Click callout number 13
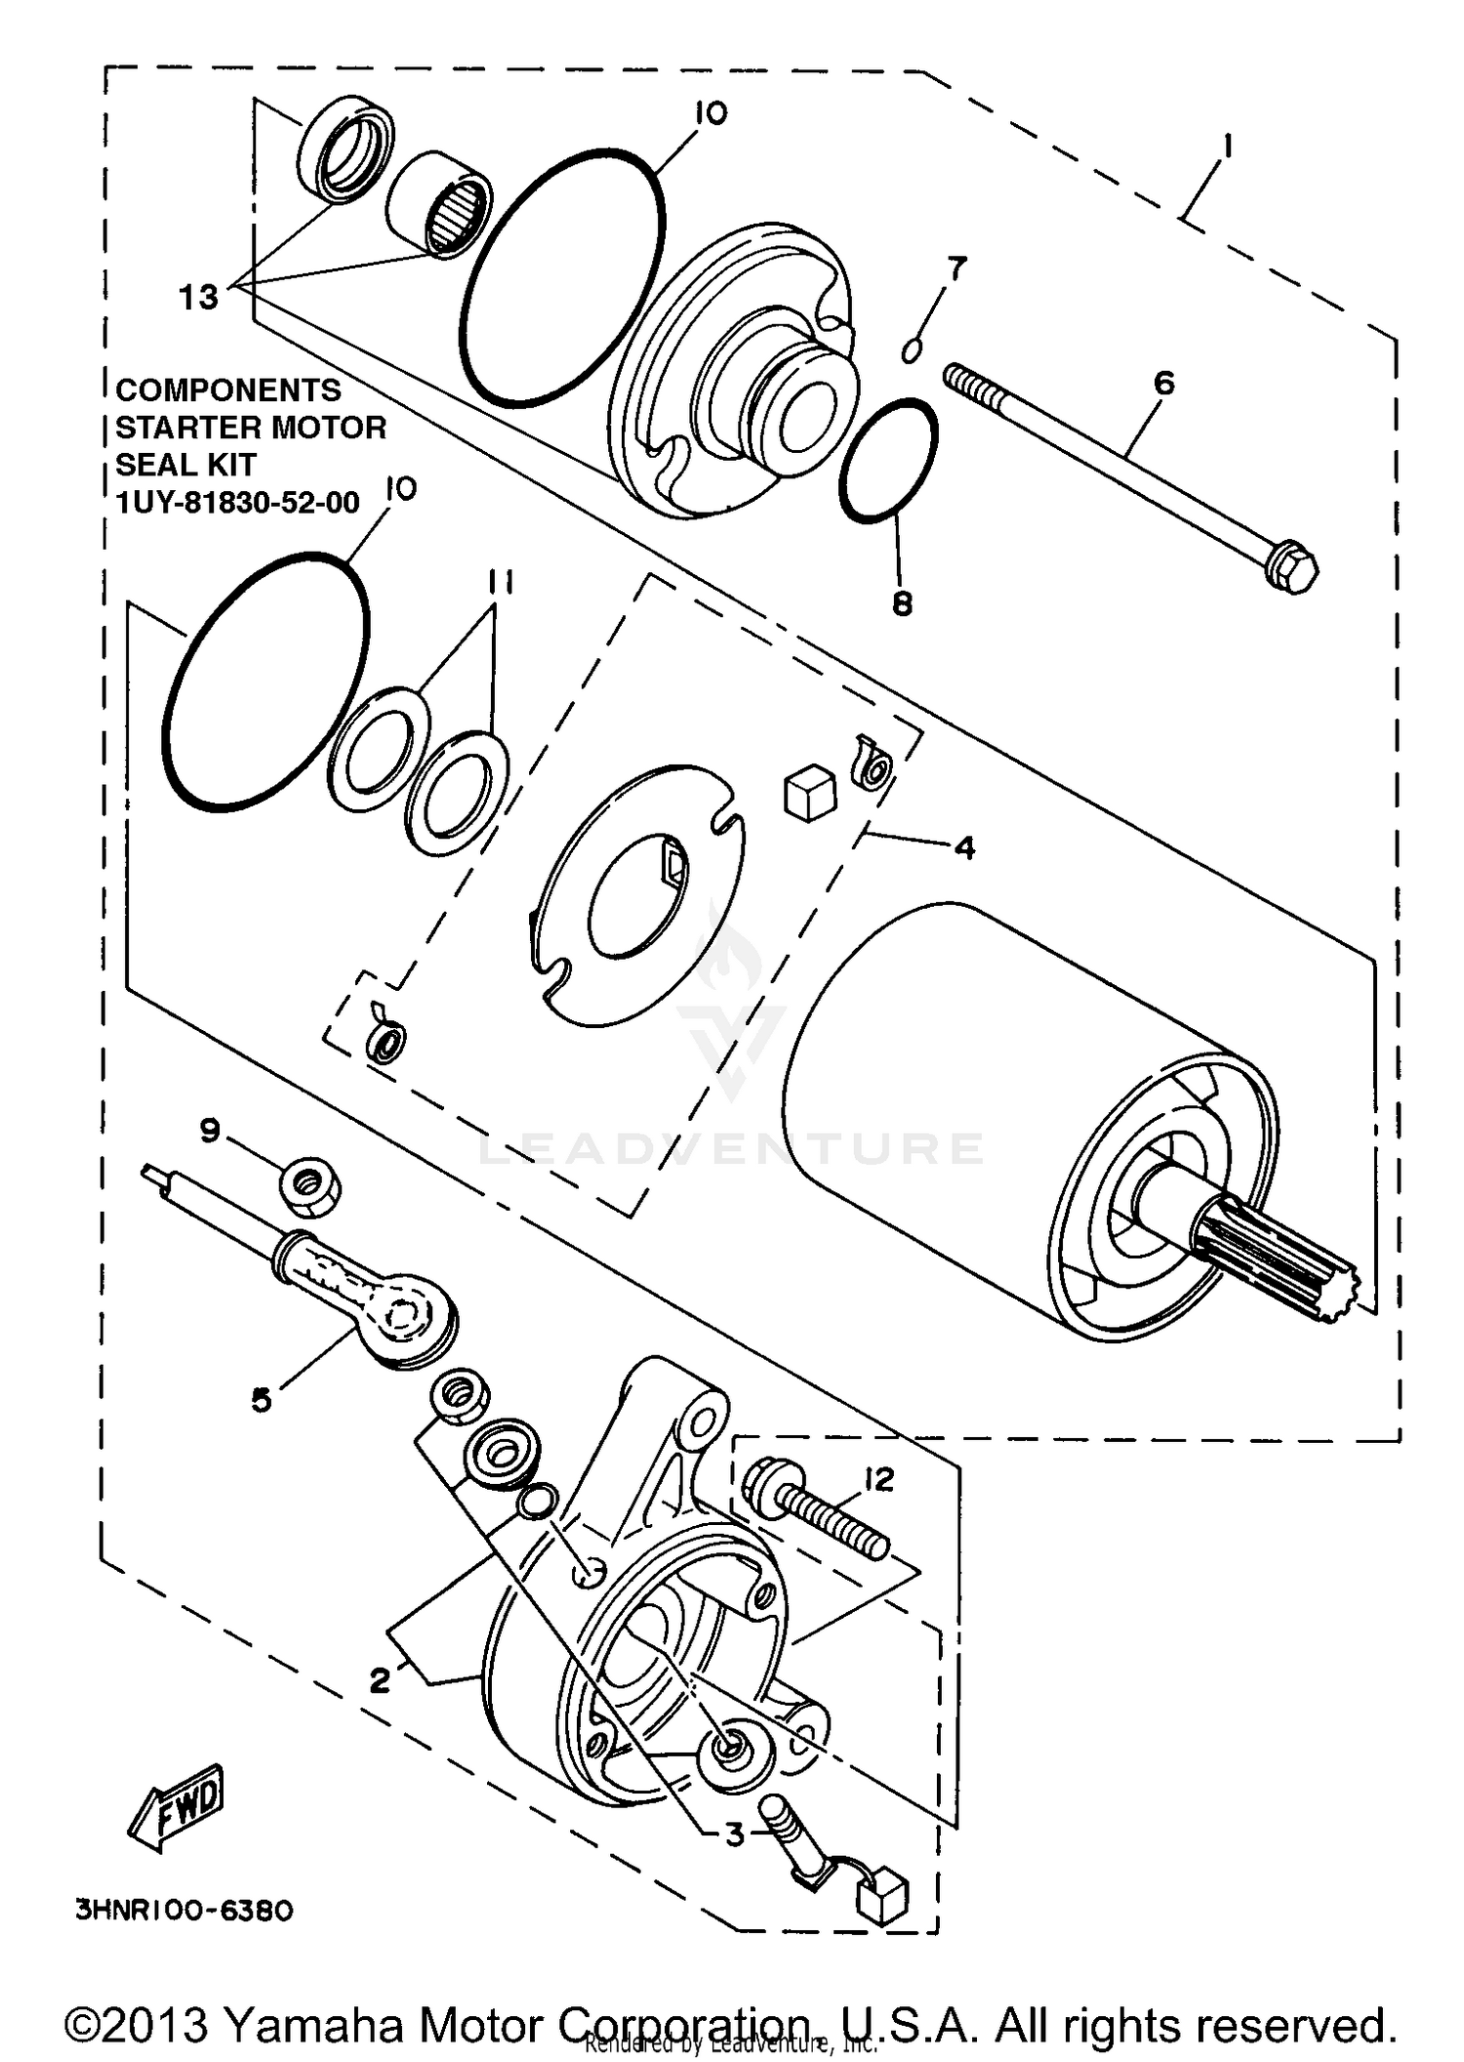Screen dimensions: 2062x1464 click(x=198, y=297)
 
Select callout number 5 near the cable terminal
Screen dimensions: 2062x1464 click(x=261, y=1400)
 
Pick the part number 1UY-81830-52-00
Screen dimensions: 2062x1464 click(x=237, y=503)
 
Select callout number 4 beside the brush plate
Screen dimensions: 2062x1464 click(x=964, y=847)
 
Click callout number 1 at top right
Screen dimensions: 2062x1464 click(x=1227, y=147)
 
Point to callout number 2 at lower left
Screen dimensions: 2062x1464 click(x=379, y=1680)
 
